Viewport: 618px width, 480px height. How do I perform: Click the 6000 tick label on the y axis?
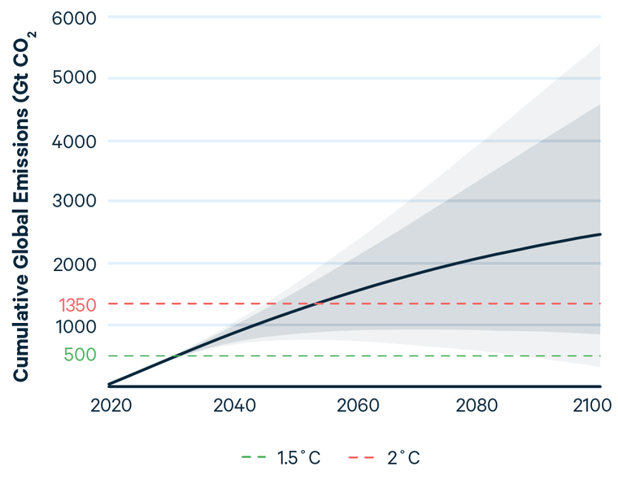(74, 17)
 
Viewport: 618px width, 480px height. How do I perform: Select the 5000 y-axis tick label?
(74, 79)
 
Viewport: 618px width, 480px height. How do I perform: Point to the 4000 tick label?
(74, 142)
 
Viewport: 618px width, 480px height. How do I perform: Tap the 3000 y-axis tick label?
(74, 202)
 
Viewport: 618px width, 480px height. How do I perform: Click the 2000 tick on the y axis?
(74, 264)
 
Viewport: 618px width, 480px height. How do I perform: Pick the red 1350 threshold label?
(78, 305)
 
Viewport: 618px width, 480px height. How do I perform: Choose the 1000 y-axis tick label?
(76, 325)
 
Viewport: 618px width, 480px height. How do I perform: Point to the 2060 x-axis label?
(357, 405)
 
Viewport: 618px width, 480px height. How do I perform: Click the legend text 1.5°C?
(298, 458)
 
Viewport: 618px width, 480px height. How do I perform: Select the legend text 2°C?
(403, 458)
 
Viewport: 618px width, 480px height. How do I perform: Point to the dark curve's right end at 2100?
(600, 234)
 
